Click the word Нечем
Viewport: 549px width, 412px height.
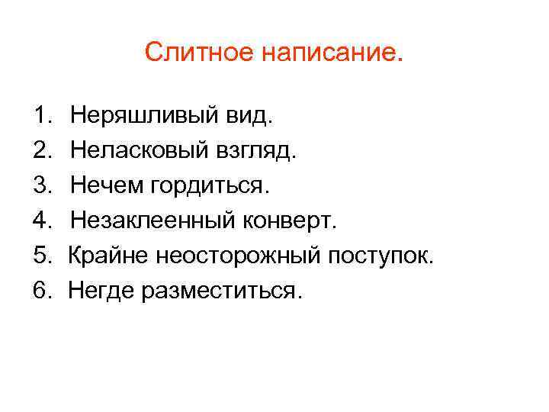(106, 185)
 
